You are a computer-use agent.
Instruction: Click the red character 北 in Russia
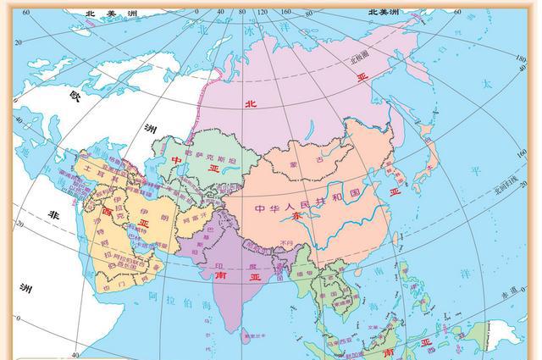click(x=249, y=104)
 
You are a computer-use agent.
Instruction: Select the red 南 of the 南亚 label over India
click(x=222, y=275)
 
